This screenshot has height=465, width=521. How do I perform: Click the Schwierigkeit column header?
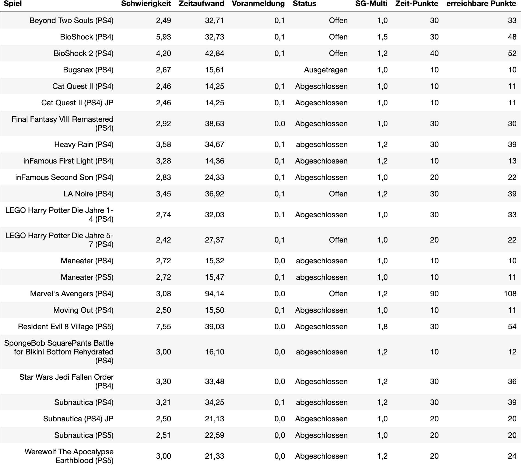click(x=146, y=4)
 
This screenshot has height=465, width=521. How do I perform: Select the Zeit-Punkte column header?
click(x=417, y=4)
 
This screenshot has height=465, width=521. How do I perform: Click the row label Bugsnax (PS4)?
click(x=88, y=70)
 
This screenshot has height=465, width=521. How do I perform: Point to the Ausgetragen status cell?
click(x=325, y=70)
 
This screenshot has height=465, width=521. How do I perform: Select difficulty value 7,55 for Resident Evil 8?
click(x=163, y=327)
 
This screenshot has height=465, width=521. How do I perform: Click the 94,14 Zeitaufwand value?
click(x=214, y=294)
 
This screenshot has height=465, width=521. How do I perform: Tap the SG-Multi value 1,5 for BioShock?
click(x=382, y=37)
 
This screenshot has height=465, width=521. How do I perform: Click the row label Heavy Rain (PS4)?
click(x=84, y=145)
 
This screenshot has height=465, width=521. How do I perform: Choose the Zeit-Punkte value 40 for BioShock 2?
click(x=434, y=53)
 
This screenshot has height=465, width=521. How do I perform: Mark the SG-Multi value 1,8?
click(x=382, y=327)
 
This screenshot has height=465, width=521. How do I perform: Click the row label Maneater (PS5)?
click(x=87, y=277)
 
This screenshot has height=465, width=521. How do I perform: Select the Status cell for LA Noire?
click(x=338, y=194)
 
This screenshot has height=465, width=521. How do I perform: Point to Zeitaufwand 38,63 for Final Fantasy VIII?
click(x=214, y=124)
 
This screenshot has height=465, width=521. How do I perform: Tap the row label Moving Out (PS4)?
click(x=83, y=310)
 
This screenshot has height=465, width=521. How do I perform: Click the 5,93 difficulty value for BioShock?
click(x=163, y=37)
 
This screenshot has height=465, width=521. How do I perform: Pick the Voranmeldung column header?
click(x=258, y=4)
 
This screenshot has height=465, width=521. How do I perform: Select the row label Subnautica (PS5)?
click(x=84, y=435)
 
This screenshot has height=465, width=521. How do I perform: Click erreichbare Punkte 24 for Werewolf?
click(x=512, y=456)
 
